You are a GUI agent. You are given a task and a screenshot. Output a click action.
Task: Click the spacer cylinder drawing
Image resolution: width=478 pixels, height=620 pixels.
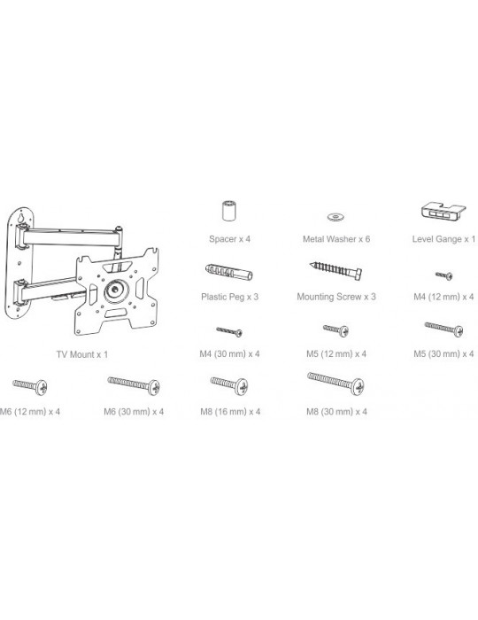228,211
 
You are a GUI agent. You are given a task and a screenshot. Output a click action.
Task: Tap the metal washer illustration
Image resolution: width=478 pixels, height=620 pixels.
335,217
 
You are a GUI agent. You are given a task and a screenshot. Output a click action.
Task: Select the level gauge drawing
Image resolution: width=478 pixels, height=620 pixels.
443,212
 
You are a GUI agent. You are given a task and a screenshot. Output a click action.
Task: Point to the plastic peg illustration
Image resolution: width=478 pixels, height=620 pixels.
228,271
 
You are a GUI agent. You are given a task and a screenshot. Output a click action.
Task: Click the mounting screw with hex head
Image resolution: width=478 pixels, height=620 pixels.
335,271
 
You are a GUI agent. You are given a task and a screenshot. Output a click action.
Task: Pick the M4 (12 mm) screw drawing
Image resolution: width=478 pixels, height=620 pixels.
444,275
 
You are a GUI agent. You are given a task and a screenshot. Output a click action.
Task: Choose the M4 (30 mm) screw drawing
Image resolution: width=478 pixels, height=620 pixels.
229,331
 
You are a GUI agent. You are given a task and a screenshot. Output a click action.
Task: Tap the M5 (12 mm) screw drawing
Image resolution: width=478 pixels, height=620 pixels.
335,330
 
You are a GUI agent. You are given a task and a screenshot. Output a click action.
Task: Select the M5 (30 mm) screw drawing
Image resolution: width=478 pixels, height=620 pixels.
444,329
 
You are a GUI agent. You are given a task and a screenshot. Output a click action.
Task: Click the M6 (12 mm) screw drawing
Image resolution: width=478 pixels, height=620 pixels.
30,386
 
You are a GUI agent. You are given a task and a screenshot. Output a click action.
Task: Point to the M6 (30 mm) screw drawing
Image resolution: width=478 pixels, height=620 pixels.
134,385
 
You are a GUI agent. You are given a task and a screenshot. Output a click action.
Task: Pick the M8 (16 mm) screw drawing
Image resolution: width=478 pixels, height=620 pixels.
229,385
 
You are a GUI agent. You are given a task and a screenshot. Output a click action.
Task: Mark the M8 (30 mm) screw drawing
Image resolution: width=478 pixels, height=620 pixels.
335,384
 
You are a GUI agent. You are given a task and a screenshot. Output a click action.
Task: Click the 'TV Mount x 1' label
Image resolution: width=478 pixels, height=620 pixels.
82,354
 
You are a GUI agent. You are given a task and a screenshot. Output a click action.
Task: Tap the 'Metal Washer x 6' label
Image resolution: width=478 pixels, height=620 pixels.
336,239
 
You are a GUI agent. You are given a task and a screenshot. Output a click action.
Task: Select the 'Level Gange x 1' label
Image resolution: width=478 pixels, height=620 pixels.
443,239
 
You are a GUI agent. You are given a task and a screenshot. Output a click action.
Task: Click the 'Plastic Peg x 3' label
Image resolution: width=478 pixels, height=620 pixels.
229,297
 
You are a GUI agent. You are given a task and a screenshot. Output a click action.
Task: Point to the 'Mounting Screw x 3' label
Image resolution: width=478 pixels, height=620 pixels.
336,297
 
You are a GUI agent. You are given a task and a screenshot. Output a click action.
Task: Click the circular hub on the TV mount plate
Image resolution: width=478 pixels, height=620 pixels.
116,291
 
